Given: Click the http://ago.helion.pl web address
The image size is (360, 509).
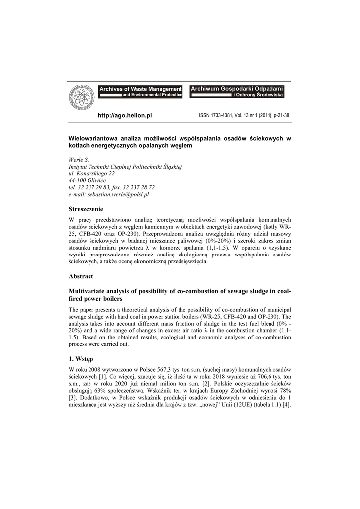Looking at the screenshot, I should (125, 116).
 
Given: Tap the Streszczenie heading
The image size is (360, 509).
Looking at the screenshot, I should (86, 209).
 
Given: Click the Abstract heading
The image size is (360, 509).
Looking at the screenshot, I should (81, 276).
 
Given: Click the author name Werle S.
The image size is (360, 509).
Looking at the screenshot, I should (79, 160).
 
